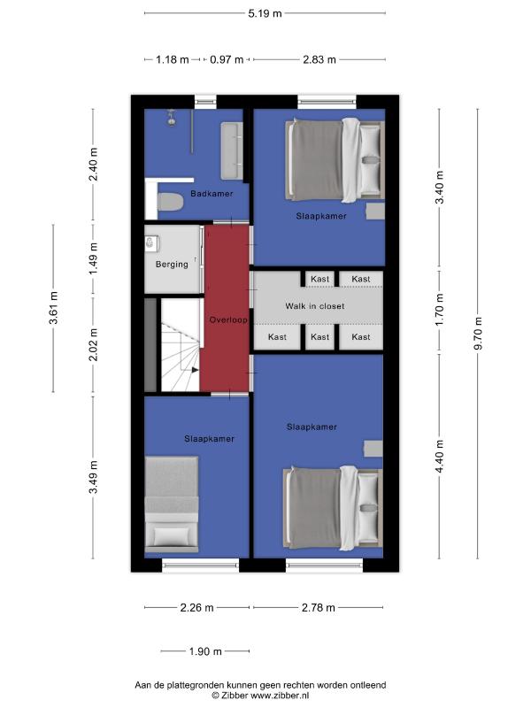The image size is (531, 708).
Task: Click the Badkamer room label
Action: click(x=212, y=194)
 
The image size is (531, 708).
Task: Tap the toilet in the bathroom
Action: click(x=170, y=202)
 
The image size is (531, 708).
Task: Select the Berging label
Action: click(x=172, y=264)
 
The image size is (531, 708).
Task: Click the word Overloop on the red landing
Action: click(x=228, y=319)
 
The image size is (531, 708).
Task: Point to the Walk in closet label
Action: click(x=315, y=306)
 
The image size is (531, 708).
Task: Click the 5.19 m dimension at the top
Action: click(x=265, y=13)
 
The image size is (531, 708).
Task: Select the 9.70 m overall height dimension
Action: click(x=479, y=334)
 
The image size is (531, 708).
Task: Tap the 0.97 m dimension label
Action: click(x=227, y=59)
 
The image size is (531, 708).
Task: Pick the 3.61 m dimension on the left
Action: click(x=54, y=308)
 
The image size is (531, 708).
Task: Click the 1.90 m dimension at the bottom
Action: click(x=205, y=651)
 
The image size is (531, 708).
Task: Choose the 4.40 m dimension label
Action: click(x=440, y=456)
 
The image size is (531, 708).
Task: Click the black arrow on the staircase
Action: click(x=195, y=370)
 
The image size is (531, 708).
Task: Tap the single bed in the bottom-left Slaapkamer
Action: click(x=172, y=504)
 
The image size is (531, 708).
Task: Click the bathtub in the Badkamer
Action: click(x=232, y=150)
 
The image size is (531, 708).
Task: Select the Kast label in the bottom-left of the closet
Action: click(x=277, y=337)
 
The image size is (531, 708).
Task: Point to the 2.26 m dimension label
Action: click(x=196, y=608)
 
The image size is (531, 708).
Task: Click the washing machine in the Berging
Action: click(x=151, y=244)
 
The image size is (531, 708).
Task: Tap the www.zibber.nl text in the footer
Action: click(x=280, y=696)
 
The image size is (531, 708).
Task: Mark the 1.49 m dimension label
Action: click(x=94, y=258)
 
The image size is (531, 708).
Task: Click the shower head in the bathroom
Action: click(x=172, y=119)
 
